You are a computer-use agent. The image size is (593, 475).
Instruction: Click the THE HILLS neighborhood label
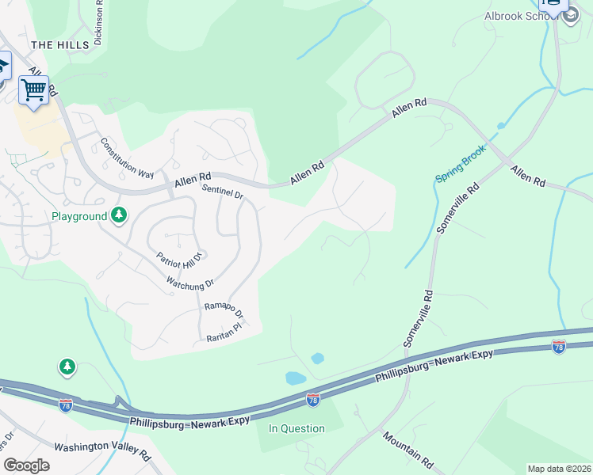[x=59, y=45]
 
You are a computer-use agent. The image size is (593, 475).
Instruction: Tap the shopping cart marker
[x=33, y=90]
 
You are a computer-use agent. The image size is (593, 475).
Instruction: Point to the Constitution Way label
[x=127, y=158]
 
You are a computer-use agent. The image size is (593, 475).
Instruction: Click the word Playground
[x=78, y=216]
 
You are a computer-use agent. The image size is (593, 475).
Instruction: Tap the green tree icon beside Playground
[x=119, y=215]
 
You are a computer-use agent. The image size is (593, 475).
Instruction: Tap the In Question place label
[x=296, y=429]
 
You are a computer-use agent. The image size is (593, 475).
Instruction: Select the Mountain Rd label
[x=407, y=448]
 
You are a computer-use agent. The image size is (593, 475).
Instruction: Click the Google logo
[x=27, y=465]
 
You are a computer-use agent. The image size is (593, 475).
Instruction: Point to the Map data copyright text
[x=560, y=469]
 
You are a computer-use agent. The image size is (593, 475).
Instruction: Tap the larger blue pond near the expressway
[x=296, y=378]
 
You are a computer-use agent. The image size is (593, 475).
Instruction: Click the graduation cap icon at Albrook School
[x=571, y=14]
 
